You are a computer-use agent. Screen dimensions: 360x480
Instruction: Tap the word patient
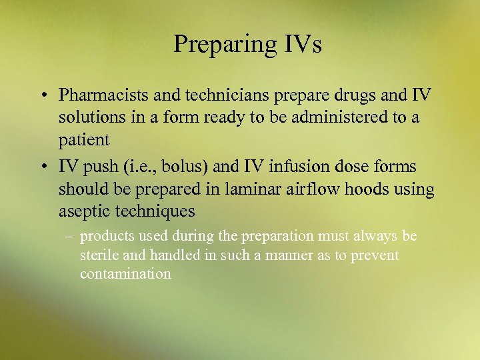pos(84,141)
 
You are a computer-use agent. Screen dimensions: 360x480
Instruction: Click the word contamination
pos(125,274)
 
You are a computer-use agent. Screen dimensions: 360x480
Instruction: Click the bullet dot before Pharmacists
pos(43,95)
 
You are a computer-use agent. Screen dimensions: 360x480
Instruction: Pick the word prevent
pos(376,255)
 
